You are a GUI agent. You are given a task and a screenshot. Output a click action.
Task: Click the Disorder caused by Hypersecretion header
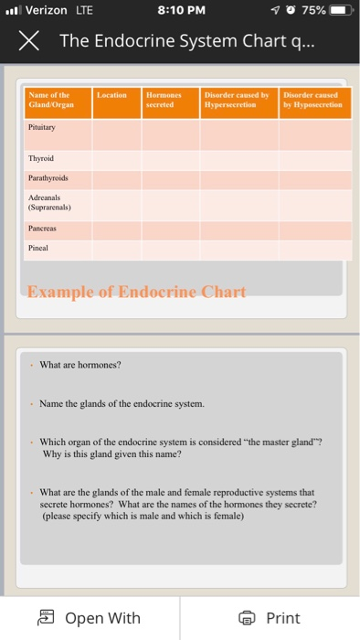click(237, 99)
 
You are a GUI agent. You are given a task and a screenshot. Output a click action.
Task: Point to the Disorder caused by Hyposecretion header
click(313, 99)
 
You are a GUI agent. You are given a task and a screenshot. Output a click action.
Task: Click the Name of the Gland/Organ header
click(51, 99)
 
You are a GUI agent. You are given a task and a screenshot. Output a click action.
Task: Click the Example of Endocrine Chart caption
click(136, 293)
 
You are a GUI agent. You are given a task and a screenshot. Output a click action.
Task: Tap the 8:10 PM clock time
click(181, 12)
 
